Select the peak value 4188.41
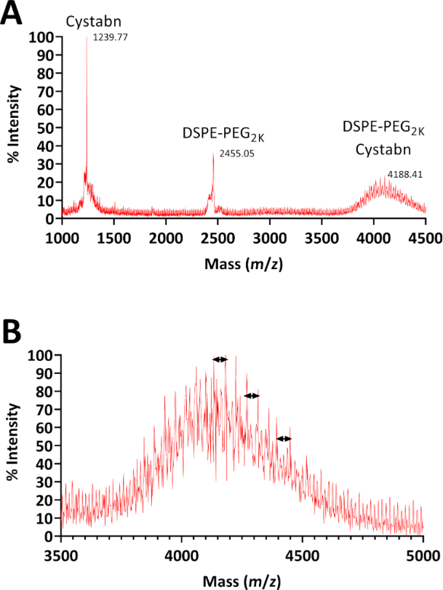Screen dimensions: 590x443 [x=403, y=175]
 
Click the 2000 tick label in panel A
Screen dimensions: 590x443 [x=166, y=237]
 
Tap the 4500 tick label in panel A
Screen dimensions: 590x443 [x=426, y=237]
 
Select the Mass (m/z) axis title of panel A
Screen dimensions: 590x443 [x=243, y=262]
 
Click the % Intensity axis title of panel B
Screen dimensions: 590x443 [x=15, y=446]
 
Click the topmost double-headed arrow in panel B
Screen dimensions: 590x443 [x=220, y=359]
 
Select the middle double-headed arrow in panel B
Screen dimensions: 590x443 [x=252, y=396]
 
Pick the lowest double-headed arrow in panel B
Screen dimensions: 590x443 [x=284, y=439]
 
